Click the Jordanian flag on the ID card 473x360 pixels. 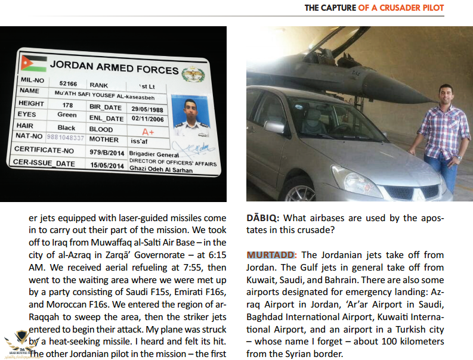(x=30, y=62)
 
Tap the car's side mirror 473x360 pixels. (x=274, y=126)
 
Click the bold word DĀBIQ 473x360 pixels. (x=262, y=218)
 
